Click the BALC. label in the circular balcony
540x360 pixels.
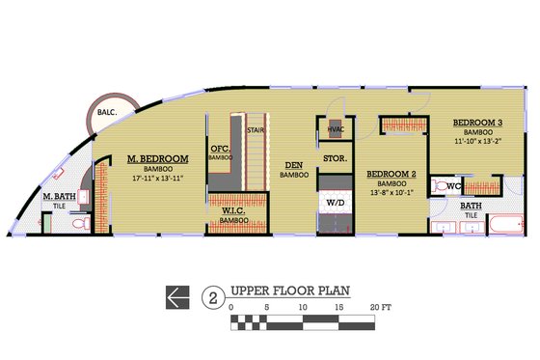point(107,114)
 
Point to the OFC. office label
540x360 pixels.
point(220,150)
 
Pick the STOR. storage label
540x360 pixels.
point(335,156)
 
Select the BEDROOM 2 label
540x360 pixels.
point(391,175)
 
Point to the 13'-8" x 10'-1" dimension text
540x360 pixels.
point(391,193)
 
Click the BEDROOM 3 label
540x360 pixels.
point(479,123)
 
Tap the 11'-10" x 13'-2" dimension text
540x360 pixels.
point(479,141)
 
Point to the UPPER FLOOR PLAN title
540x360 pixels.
point(287,291)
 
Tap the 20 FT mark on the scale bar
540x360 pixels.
point(380,308)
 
